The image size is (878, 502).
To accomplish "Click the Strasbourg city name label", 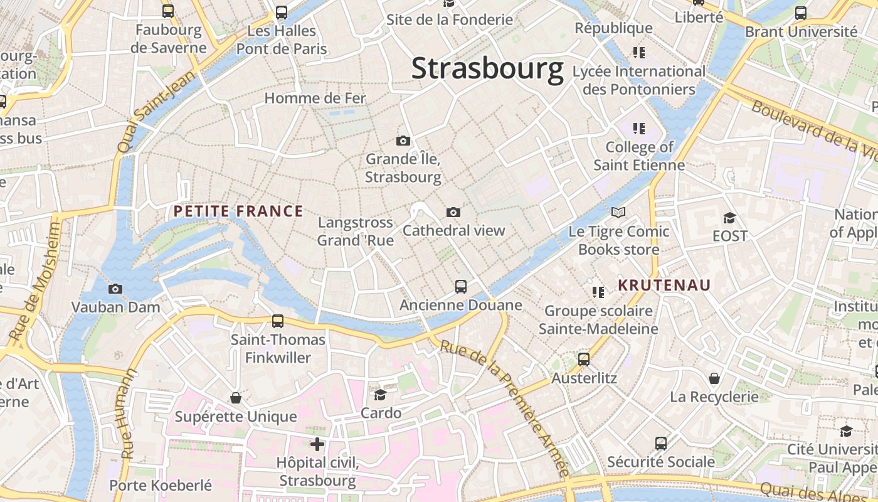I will (487, 68).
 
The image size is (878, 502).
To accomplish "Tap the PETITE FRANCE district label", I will (238, 211).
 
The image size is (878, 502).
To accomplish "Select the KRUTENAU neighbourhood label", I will (664, 286).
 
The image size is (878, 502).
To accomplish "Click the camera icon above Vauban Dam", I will (115, 289).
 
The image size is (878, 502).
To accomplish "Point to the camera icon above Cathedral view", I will (453, 212).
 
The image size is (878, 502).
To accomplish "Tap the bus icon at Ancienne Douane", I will (461, 287).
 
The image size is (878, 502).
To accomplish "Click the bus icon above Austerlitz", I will (584, 360).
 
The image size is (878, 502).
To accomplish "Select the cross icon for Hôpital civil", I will (317, 444).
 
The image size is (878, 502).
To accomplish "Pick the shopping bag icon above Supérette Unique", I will (236, 398).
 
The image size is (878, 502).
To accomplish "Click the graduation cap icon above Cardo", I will (381, 394).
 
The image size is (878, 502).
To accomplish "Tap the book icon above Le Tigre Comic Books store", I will (618, 213).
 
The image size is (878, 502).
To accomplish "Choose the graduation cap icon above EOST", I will (729, 218).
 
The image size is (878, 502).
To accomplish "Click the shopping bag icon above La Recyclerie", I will (714, 378).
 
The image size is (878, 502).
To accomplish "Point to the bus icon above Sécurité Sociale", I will (661, 444).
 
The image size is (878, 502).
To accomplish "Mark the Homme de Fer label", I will (315, 98).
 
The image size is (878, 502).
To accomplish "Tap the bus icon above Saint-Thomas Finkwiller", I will (278, 321).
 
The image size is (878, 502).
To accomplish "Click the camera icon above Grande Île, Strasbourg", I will (403, 141).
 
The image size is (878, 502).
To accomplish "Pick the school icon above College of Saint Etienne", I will (639, 129).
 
